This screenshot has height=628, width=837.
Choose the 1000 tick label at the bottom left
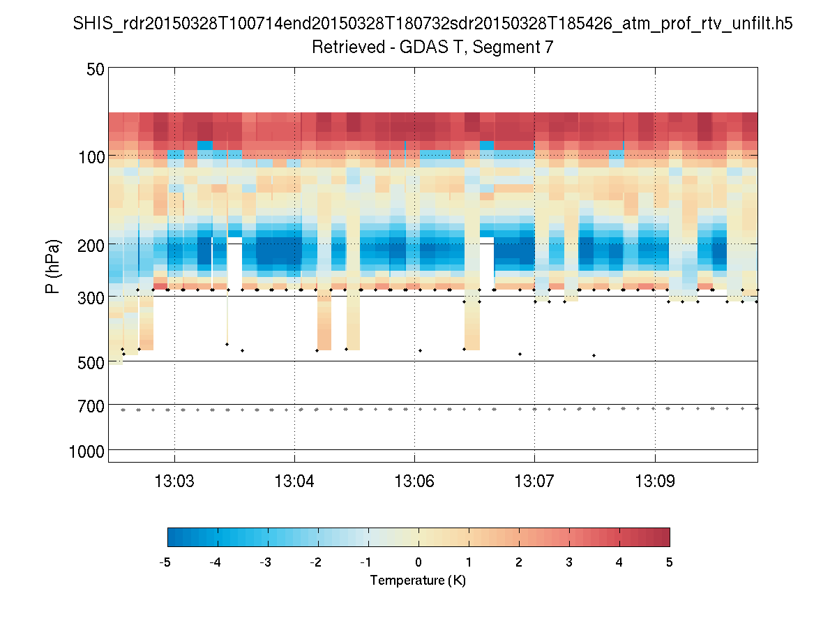tap(86, 451)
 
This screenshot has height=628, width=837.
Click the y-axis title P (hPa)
tap(53, 267)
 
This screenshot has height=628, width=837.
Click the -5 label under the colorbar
tap(165, 562)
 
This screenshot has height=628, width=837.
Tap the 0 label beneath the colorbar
tap(418, 562)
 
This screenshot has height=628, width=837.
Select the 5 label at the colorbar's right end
tap(670, 562)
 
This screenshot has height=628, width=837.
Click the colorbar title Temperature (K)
tap(418, 581)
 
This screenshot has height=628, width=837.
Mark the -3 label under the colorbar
tap(265, 562)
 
